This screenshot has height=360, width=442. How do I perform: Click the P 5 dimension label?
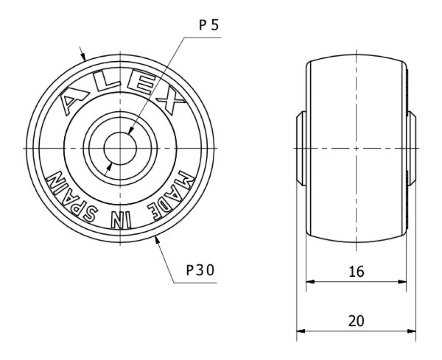tap(208, 25)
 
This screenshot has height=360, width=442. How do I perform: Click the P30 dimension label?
tap(201, 270)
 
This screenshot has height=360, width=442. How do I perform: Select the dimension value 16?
tap(356, 272)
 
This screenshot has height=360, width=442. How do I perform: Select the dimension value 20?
tap(356, 321)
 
